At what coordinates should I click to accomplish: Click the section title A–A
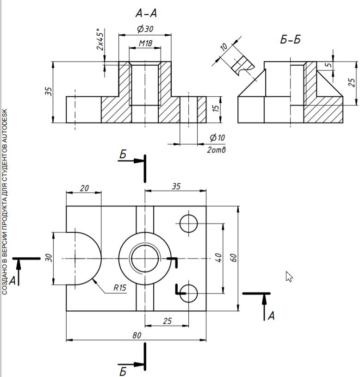click(146, 13)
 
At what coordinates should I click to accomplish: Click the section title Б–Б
click(291, 39)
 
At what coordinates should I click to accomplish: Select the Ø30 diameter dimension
click(145, 29)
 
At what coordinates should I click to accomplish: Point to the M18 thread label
click(145, 43)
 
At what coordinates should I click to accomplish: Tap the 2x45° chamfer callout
click(100, 39)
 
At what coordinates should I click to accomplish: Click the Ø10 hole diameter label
click(217, 137)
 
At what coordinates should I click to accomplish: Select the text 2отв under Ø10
click(217, 150)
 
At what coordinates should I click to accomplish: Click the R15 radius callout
click(120, 288)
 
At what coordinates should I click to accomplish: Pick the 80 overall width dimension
click(137, 335)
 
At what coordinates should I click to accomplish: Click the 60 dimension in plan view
click(233, 258)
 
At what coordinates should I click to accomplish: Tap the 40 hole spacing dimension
click(218, 258)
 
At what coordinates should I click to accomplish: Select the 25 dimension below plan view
click(168, 321)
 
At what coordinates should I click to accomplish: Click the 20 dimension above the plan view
click(84, 188)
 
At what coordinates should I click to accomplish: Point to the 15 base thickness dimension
click(216, 108)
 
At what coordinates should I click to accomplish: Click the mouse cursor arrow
click(289, 277)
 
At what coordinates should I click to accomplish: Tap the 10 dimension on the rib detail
click(223, 47)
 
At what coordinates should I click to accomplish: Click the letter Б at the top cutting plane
click(123, 155)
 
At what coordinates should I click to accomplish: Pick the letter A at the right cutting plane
click(271, 315)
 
